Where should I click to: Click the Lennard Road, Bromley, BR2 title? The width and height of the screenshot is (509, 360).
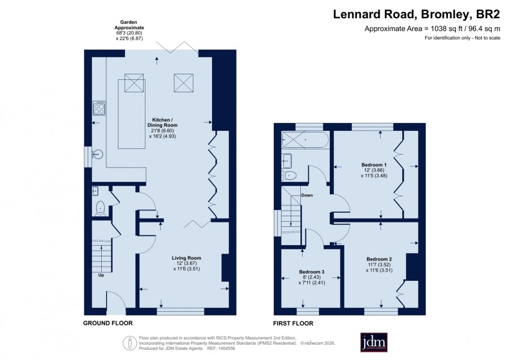pyautogui.click(x=416, y=14)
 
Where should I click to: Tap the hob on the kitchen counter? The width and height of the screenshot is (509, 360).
pyautogui.click(x=99, y=108)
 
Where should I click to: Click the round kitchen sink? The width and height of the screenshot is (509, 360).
pyautogui.click(x=97, y=154)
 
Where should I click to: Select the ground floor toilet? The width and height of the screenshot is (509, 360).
pyautogui.click(x=100, y=208)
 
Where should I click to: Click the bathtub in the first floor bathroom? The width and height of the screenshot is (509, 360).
pyautogui.click(x=305, y=140)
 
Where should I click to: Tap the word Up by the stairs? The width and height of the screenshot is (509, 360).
pyautogui.click(x=101, y=275)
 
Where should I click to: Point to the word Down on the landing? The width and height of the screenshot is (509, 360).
pyautogui.click(x=307, y=195)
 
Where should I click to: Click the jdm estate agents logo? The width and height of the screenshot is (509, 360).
pyautogui.click(x=374, y=342)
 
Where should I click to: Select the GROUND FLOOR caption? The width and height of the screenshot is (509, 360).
pyautogui.click(x=108, y=323)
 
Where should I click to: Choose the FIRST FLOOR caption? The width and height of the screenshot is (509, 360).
pyautogui.click(x=293, y=323)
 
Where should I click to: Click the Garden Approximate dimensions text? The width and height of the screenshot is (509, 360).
pyautogui.click(x=129, y=31)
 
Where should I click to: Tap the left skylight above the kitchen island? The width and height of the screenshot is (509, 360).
pyautogui.click(x=134, y=83)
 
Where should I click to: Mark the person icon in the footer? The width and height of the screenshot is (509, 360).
pyautogui.click(x=130, y=344)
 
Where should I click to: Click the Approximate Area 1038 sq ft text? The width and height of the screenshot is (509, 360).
pyautogui.click(x=433, y=29)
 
